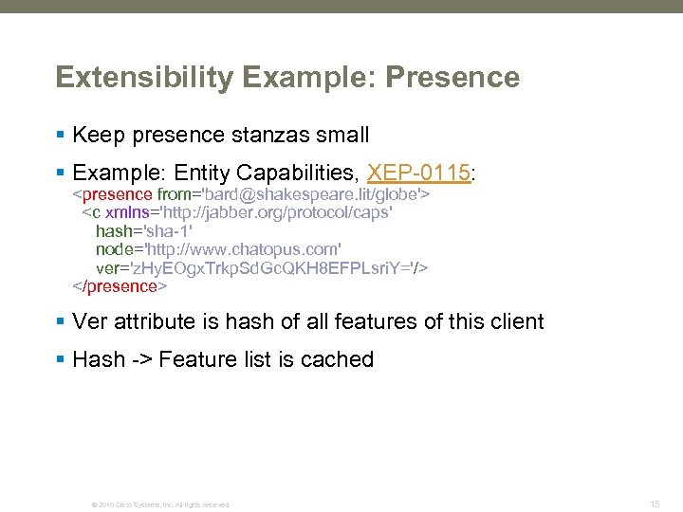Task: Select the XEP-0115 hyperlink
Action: [418, 173]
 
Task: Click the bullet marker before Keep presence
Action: [61, 135]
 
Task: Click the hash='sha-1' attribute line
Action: [144, 231]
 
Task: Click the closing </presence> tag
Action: [120, 285]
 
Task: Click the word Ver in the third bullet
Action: [90, 321]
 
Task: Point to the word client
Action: [518, 321]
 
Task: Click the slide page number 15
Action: [655, 503]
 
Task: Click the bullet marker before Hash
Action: [61, 359]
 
